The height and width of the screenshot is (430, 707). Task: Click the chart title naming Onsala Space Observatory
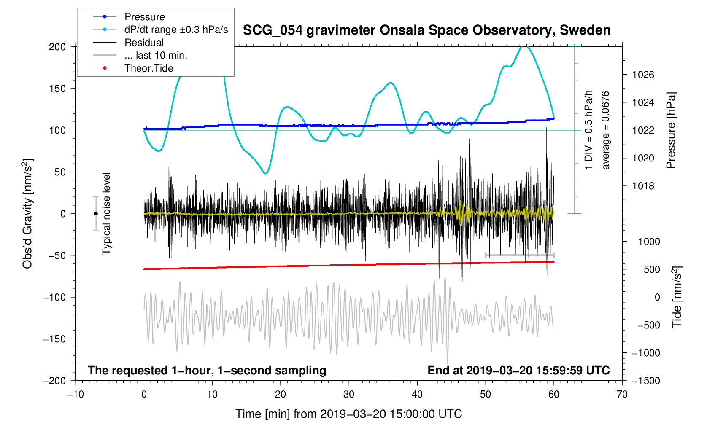[426, 30]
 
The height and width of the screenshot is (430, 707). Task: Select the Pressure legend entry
[145, 17]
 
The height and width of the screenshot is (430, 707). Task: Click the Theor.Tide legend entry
[148, 68]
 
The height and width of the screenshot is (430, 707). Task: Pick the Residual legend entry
[144, 43]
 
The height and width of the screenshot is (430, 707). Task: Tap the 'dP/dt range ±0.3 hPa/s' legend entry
[176, 30]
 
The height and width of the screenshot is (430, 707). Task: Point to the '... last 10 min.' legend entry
[156, 55]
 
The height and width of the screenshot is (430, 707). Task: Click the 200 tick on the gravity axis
[57, 47]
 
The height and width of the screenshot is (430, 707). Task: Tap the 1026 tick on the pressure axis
[643, 75]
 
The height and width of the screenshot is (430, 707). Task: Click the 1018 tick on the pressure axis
[643, 186]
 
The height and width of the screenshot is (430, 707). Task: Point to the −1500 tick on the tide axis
[645, 381]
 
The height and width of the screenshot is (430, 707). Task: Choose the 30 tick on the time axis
[349, 395]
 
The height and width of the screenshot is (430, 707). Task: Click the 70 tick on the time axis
[622, 395]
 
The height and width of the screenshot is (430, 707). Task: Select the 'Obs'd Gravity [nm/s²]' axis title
[27, 214]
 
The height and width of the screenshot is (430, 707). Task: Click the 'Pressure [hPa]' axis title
[671, 130]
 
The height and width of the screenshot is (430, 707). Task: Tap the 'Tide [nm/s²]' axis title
[677, 297]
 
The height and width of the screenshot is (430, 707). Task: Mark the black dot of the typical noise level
[96, 214]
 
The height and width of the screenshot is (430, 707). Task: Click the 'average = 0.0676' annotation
[606, 130]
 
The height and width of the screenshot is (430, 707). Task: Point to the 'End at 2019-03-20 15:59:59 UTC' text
[518, 371]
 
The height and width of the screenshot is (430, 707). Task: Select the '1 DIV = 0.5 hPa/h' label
[588, 130]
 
